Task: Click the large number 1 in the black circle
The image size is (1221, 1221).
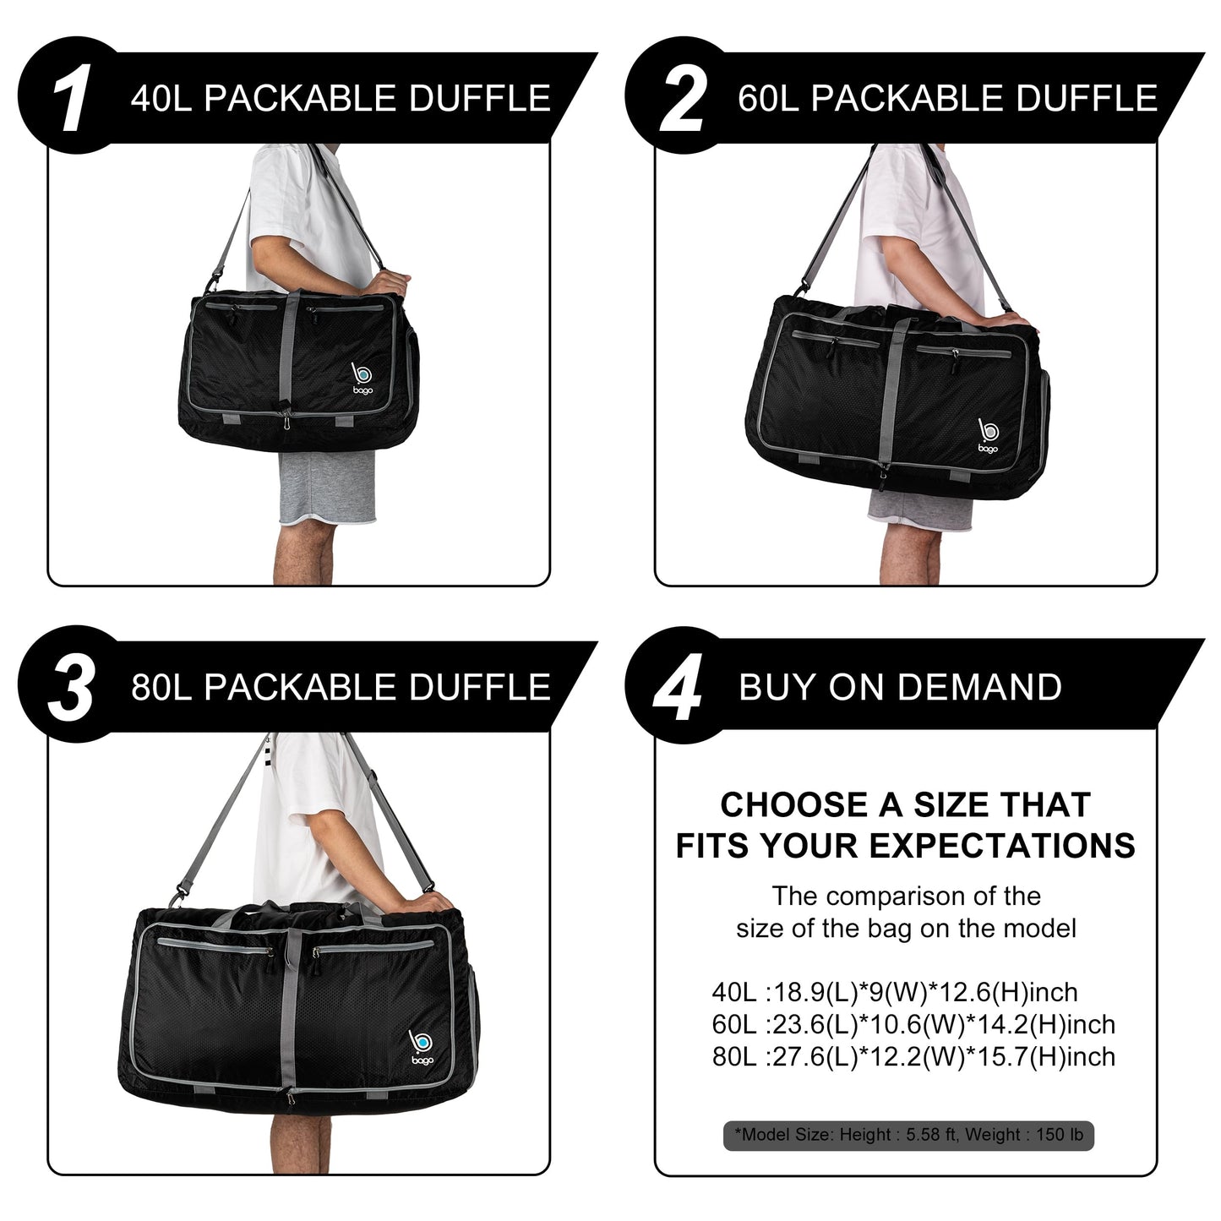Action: click(x=72, y=100)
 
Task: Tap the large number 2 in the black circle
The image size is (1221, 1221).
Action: click(x=680, y=100)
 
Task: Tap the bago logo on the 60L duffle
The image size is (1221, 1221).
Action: click(x=986, y=437)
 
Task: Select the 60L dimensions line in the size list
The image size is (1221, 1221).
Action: click(x=913, y=1024)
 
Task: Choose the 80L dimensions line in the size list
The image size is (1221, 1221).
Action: click(x=913, y=1056)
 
